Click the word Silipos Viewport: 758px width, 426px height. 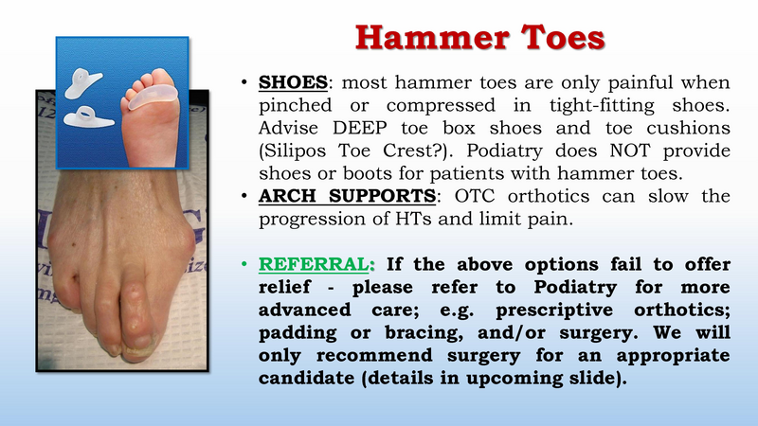[x=300, y=150]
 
